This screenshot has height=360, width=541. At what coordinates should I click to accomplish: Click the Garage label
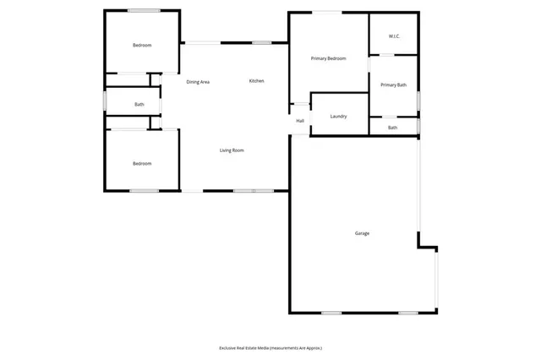362,233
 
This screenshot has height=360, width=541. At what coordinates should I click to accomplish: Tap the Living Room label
232,150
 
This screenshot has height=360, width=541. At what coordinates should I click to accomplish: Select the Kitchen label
256,81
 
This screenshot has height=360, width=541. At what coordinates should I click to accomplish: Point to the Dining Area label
198,82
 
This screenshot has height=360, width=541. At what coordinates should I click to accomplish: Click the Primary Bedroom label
328,58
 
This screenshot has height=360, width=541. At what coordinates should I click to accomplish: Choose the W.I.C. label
394,36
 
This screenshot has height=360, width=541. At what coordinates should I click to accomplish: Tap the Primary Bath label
394,85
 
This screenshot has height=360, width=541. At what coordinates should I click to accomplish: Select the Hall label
300,121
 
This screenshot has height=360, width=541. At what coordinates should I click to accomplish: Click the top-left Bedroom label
141,45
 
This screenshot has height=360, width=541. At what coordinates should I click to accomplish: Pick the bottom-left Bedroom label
141,163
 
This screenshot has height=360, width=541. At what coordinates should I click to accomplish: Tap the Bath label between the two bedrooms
139,105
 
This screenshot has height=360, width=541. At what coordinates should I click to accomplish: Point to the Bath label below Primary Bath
392,128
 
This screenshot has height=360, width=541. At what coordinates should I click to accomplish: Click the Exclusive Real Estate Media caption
270,348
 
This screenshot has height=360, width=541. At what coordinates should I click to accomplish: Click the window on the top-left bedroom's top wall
145,10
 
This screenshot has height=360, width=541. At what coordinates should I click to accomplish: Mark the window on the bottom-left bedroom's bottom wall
144,191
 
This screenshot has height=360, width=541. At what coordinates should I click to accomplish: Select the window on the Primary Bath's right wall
418,100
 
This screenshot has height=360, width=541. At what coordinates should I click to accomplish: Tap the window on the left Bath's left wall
104,101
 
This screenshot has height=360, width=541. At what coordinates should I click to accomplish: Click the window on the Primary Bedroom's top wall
329,12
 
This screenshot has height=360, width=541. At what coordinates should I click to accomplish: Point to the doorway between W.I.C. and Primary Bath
385,55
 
